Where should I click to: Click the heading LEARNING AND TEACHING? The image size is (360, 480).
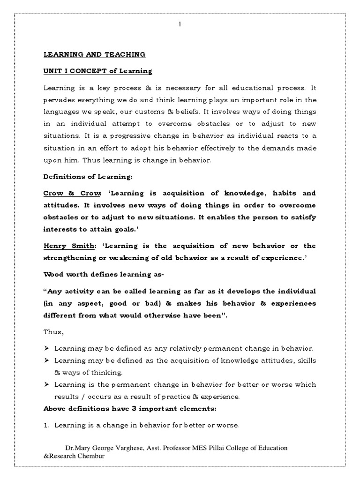point(94,55)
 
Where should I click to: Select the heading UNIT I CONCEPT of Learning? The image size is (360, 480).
point(98,71)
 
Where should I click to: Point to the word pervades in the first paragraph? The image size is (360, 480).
point(60,99)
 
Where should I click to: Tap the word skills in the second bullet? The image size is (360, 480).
point(307,360)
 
